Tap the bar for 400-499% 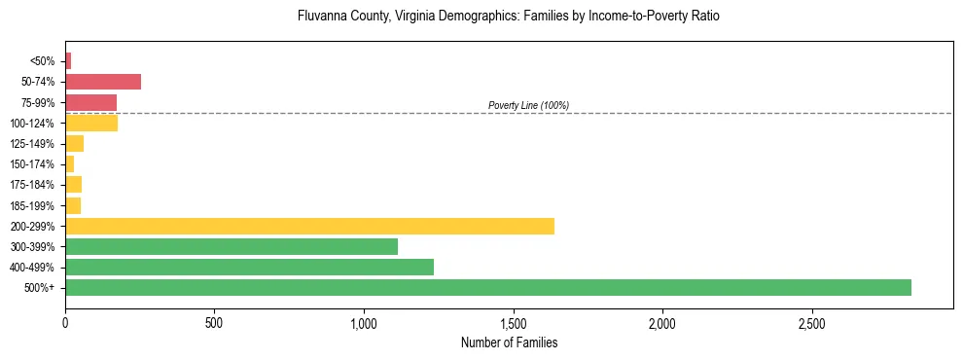point(249,267)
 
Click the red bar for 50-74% point(103,82)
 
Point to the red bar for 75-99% point(90,102)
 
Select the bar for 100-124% point(91,123)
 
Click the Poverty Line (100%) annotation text point(528,105)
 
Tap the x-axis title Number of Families point(509,342)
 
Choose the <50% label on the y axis point(43,61)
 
